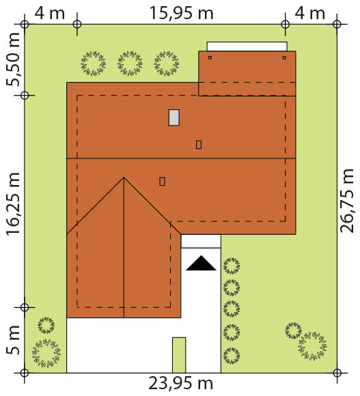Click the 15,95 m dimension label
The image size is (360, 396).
coord(182,13)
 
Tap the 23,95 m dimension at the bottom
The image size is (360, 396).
coord(180,384)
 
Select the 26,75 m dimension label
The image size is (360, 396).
coord(346,201)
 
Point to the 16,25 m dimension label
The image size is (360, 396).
coord(13,204)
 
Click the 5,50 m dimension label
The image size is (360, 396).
coord(13,59)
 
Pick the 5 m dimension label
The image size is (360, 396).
coord(13,339)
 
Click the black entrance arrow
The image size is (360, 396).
coord(201,263)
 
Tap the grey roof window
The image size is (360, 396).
coord(174,117)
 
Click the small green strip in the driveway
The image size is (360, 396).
coord(179,355)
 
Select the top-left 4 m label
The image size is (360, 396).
coord(49,13)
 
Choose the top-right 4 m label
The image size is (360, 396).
coord(309,13)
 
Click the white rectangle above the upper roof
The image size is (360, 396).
coord(247,46)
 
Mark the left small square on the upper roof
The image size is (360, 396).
coord(210,57)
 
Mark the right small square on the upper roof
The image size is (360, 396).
coord(284,57)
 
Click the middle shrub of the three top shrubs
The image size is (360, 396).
coord(130,63)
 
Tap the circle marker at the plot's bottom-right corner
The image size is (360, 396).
coord(337,373)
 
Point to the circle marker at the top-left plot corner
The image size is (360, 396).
coord(25,25)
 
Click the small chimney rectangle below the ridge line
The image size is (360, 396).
coord(162,182)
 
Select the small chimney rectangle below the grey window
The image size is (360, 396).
coord(199,145)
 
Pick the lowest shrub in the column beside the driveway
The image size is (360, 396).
coord(232,356)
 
